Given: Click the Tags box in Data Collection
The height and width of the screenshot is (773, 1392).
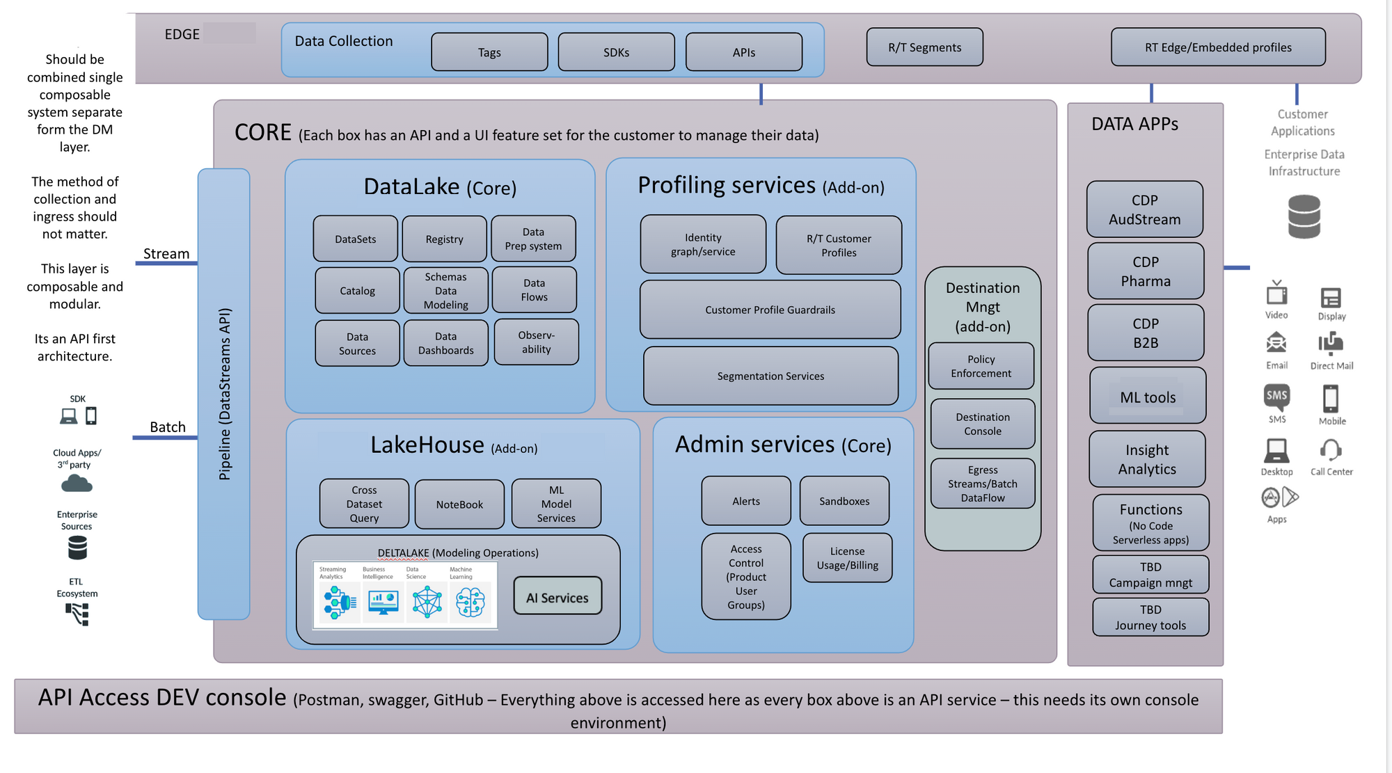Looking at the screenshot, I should click(489, 52).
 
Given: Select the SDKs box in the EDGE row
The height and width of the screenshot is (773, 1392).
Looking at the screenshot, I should click(616, 52).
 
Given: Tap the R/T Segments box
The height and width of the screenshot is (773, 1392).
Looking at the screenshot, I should click(924, 47).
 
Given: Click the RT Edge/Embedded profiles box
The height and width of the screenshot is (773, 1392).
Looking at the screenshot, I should click(1218, 47).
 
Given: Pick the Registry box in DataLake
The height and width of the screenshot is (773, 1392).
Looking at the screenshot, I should click(444, 239).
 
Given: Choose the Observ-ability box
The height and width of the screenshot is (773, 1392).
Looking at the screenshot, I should click(536, 342).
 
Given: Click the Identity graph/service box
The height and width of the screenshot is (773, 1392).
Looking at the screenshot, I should click(703, 244).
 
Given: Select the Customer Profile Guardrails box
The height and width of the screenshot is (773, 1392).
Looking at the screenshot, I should click(770, 310).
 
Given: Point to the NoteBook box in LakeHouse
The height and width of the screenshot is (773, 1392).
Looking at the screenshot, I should click(459, 504).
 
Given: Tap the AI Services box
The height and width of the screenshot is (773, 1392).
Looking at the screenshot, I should click(557, 596).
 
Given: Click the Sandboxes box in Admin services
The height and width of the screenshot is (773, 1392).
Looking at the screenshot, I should click(844, 501).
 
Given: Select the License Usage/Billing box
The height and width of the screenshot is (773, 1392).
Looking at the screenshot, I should click(847, 558).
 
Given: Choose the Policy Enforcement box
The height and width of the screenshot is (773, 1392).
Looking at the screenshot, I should click(981, 366).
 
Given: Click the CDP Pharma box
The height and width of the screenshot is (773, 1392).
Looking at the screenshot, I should click(1146, 271).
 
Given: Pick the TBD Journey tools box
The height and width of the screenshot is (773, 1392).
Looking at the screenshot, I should click(1150, 617).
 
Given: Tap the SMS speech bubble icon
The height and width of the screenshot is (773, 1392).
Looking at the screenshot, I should click(1276, 397).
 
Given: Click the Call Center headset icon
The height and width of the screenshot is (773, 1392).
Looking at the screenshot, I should click(1331, 450).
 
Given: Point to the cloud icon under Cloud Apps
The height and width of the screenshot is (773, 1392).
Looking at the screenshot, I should click(77, 484).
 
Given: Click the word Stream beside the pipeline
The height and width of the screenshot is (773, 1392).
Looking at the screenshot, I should click(166, 254).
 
